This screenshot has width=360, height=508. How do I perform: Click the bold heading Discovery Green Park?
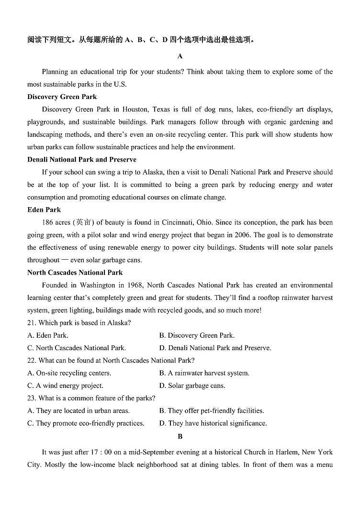(x=62, y=97)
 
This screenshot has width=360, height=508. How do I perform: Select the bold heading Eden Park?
(x=44, y=210)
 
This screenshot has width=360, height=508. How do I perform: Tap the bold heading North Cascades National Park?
(x=75, y=273)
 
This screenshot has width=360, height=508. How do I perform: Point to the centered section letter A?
(x=180, y=56)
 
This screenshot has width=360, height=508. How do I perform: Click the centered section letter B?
(x=180, y=436)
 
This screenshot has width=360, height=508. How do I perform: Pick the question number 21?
(x=32, y=323)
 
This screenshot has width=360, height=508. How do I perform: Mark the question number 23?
(x=32, y=398)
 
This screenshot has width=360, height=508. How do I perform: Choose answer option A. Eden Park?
(x=48, y=335)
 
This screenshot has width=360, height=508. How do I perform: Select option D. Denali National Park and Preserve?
(x=215, y=348)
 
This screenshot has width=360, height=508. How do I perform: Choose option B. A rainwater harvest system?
(x=204, y=373)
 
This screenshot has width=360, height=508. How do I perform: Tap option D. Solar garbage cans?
(x=192, y=386)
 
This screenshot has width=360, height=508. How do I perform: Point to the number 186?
(x=48, y=222)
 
